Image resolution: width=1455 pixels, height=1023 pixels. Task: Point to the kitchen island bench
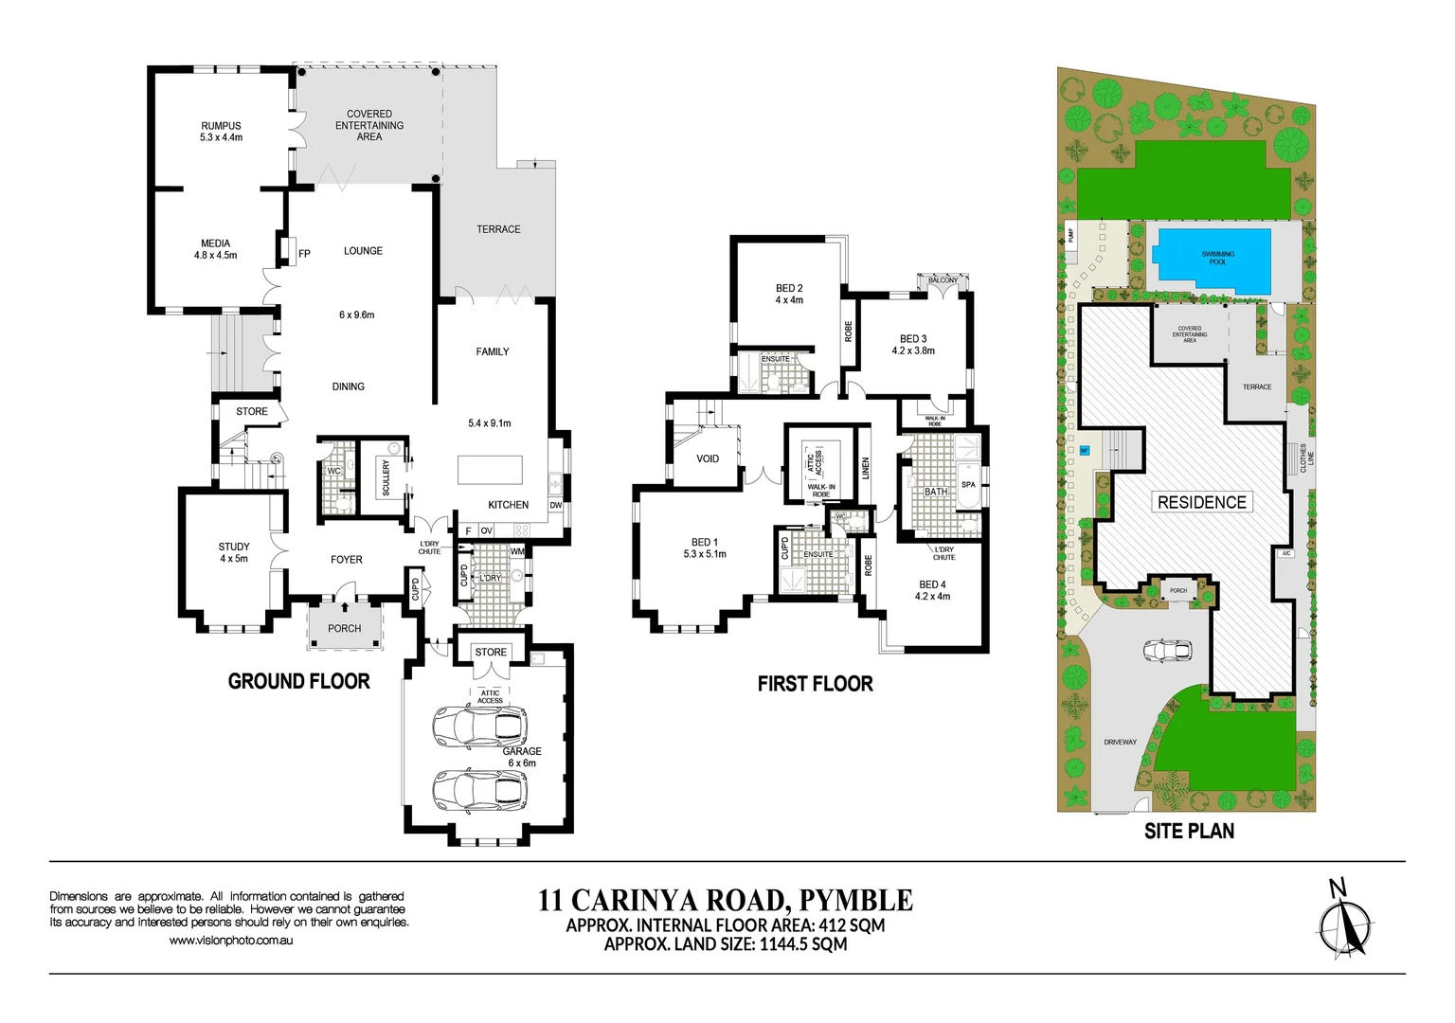click(x=490, y=470)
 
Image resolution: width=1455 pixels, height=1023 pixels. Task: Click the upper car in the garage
click(x=479, y=727)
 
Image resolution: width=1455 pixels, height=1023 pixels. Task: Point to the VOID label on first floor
click(x=708, y=458)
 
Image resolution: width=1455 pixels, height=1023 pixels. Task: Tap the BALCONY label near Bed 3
click(x=943, y=280)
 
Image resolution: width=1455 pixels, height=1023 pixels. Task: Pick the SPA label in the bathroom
click(x=968, y=485)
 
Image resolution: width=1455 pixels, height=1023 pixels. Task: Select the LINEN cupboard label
click(x=865, y=468)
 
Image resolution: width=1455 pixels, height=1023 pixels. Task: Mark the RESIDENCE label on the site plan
click(x=1202, y=502)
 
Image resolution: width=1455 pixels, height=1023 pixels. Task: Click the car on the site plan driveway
click(x=1166, y=652)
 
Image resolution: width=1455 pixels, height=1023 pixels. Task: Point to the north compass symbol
click(x=1345, y=924)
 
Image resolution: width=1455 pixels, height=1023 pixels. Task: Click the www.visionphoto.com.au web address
click(x=230, y=941)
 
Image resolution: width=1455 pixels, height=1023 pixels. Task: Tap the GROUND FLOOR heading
click(x=298, y=681)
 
